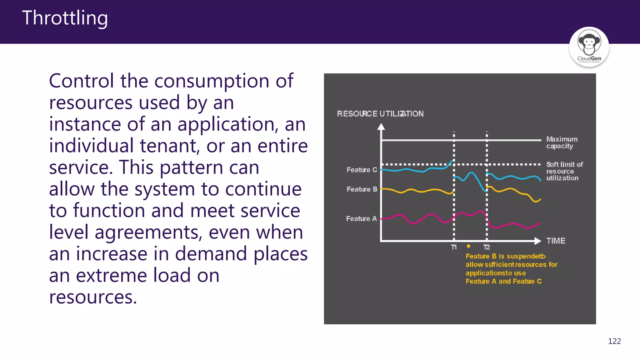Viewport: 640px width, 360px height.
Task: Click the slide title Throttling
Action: [65, 18]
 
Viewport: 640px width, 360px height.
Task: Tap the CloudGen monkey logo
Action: [589, 47]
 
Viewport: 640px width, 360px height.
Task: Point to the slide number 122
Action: [614, 341]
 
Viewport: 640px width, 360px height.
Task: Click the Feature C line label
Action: [362, 170]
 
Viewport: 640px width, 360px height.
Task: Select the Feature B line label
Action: [362, 189]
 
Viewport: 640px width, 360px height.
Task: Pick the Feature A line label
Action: [362, 219]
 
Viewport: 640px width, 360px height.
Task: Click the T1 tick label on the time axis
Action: [454, 247]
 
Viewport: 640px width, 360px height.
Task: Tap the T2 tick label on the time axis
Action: [487, 247]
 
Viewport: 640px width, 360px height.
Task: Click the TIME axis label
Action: [556, 241]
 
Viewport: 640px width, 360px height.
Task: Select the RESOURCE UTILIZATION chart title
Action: [380, 114]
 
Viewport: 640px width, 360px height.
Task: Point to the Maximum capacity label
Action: [562, 142]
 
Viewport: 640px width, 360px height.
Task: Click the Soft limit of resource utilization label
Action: [564, 171]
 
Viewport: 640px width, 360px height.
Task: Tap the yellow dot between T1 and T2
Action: [468, 246]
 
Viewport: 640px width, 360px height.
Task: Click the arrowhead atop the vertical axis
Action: [381, 127]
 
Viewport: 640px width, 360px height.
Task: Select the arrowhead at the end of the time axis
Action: [537, 241]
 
